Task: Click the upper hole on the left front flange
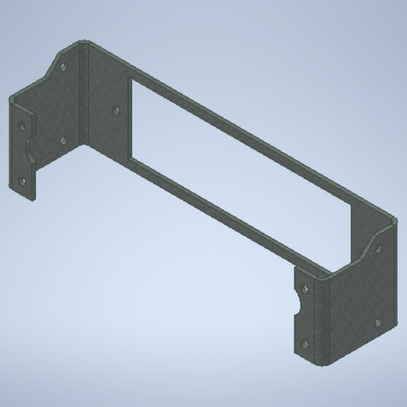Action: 22,125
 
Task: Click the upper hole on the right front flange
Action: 304,287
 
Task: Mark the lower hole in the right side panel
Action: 376,322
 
